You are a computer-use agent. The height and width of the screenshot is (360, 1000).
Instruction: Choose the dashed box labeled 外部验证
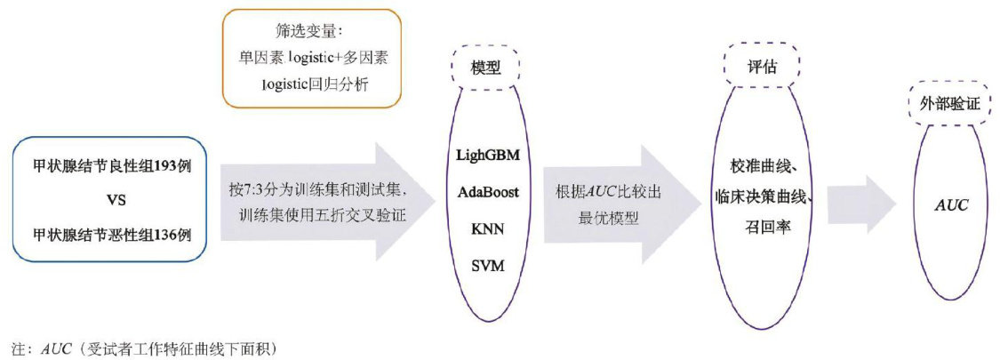tap(948, 104)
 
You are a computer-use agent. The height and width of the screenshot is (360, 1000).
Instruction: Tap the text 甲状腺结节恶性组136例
tap(103, 235)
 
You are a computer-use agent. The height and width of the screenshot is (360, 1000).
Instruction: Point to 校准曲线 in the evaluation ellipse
tap(757, 168)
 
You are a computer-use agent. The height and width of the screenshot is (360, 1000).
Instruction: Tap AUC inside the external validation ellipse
tap(951, 204)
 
